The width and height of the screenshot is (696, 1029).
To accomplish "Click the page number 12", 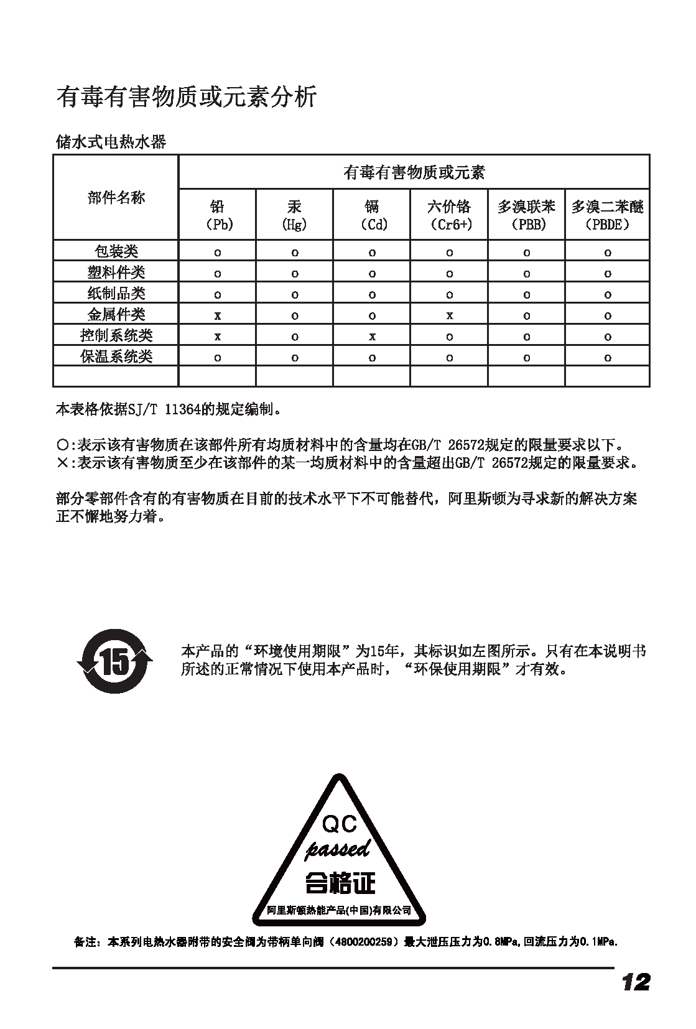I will point(635,982).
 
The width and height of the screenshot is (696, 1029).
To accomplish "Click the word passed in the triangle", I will point(338,849).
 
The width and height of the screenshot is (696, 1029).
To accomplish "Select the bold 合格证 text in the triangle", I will point(340,882).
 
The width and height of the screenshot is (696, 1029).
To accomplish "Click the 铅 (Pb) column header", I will point(217,215).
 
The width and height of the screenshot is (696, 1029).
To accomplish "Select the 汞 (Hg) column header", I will point(294,215).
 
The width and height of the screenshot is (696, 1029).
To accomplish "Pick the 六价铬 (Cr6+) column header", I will point(449,215).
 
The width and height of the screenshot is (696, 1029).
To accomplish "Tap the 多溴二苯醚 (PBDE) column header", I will point(607,215).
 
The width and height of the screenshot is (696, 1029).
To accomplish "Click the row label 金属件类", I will point(116,314).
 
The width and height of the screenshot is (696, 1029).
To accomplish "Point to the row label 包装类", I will point(116,251).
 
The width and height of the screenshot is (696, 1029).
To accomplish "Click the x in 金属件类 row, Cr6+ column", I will point(449,315).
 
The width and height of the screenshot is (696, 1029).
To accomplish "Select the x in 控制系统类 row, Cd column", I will point(372,337).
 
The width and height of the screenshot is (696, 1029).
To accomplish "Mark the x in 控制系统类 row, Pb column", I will point(217,337).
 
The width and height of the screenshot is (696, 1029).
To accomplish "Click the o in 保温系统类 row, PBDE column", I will point(608,358).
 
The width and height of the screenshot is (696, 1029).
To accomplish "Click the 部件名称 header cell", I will point(116,198).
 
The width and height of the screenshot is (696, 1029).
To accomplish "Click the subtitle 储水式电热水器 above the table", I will point(111,142).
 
